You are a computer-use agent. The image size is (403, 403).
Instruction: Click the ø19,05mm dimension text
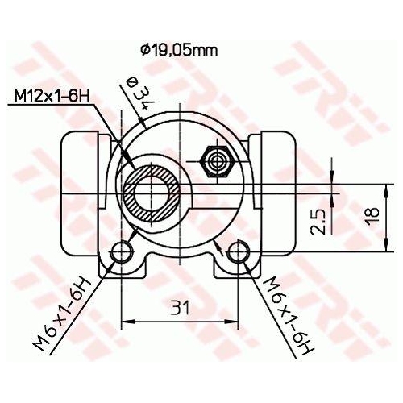[x=179, y=50]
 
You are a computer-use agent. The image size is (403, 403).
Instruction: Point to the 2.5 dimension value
[x=318, y=222]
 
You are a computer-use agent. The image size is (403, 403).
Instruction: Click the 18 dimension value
[x=372, y=214]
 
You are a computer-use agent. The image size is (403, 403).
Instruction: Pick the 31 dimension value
[x=180, y=308]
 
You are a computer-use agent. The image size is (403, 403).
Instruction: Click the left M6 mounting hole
[x=123, y=251]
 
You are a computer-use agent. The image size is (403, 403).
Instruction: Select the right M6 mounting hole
[x=238, y=251]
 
